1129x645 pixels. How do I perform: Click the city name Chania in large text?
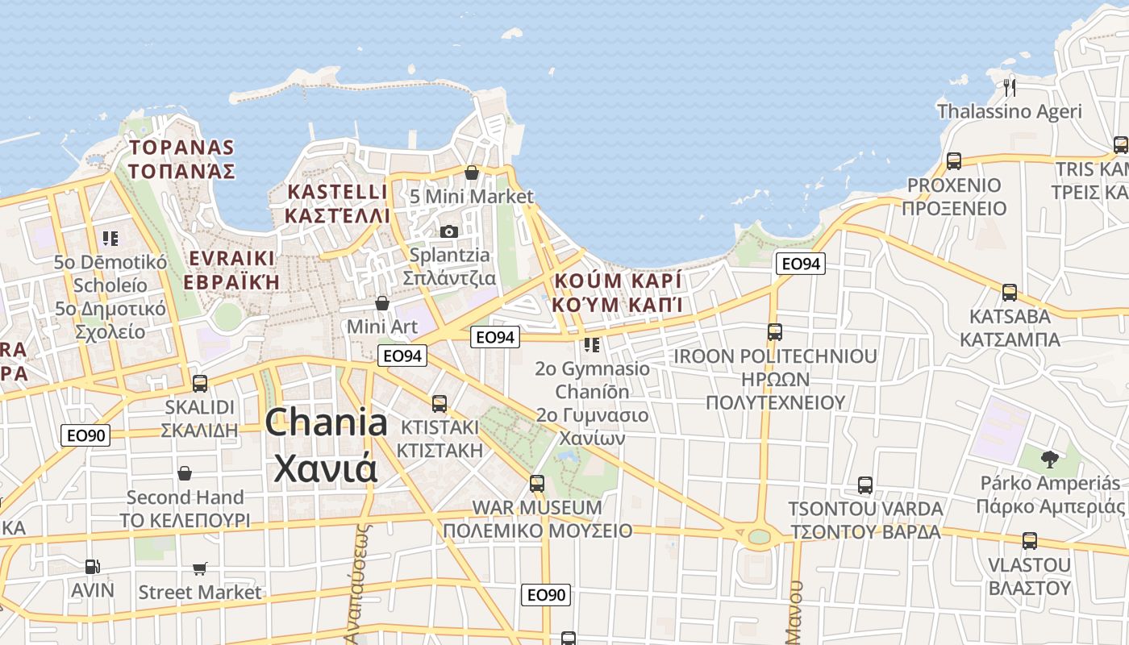click(326, 422)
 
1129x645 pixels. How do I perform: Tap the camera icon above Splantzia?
click(449, 231)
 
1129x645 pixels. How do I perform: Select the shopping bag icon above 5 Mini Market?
click(472, 173)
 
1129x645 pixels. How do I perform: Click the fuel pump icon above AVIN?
click(93, 567)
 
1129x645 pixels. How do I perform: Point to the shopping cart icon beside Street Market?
click(200, 569)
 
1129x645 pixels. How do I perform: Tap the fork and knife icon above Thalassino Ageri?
click(1009, 87)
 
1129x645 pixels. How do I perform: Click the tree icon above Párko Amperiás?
click(1049, 460)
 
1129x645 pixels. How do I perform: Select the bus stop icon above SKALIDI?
click(200, 384)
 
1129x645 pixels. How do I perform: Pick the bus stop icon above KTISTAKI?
click(440, 404)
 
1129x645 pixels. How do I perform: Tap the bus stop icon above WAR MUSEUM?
click(537, 484)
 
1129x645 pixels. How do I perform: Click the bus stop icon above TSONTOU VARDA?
click(865, 485)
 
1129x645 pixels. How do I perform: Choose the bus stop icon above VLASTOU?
click(1030, 541)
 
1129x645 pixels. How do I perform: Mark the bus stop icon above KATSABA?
click(1010, 293)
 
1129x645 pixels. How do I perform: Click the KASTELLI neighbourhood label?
click(337, 192)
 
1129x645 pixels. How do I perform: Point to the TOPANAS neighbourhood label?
click(181, 148)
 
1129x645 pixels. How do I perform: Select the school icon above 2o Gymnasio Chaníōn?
click(592, 345)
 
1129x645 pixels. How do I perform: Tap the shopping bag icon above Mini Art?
click(382, 303)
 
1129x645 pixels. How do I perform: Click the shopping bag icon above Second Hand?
click(185, 473)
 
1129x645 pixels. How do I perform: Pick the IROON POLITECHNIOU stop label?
click(775, 356)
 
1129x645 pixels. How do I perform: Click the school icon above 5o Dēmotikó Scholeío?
click(110, 239)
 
